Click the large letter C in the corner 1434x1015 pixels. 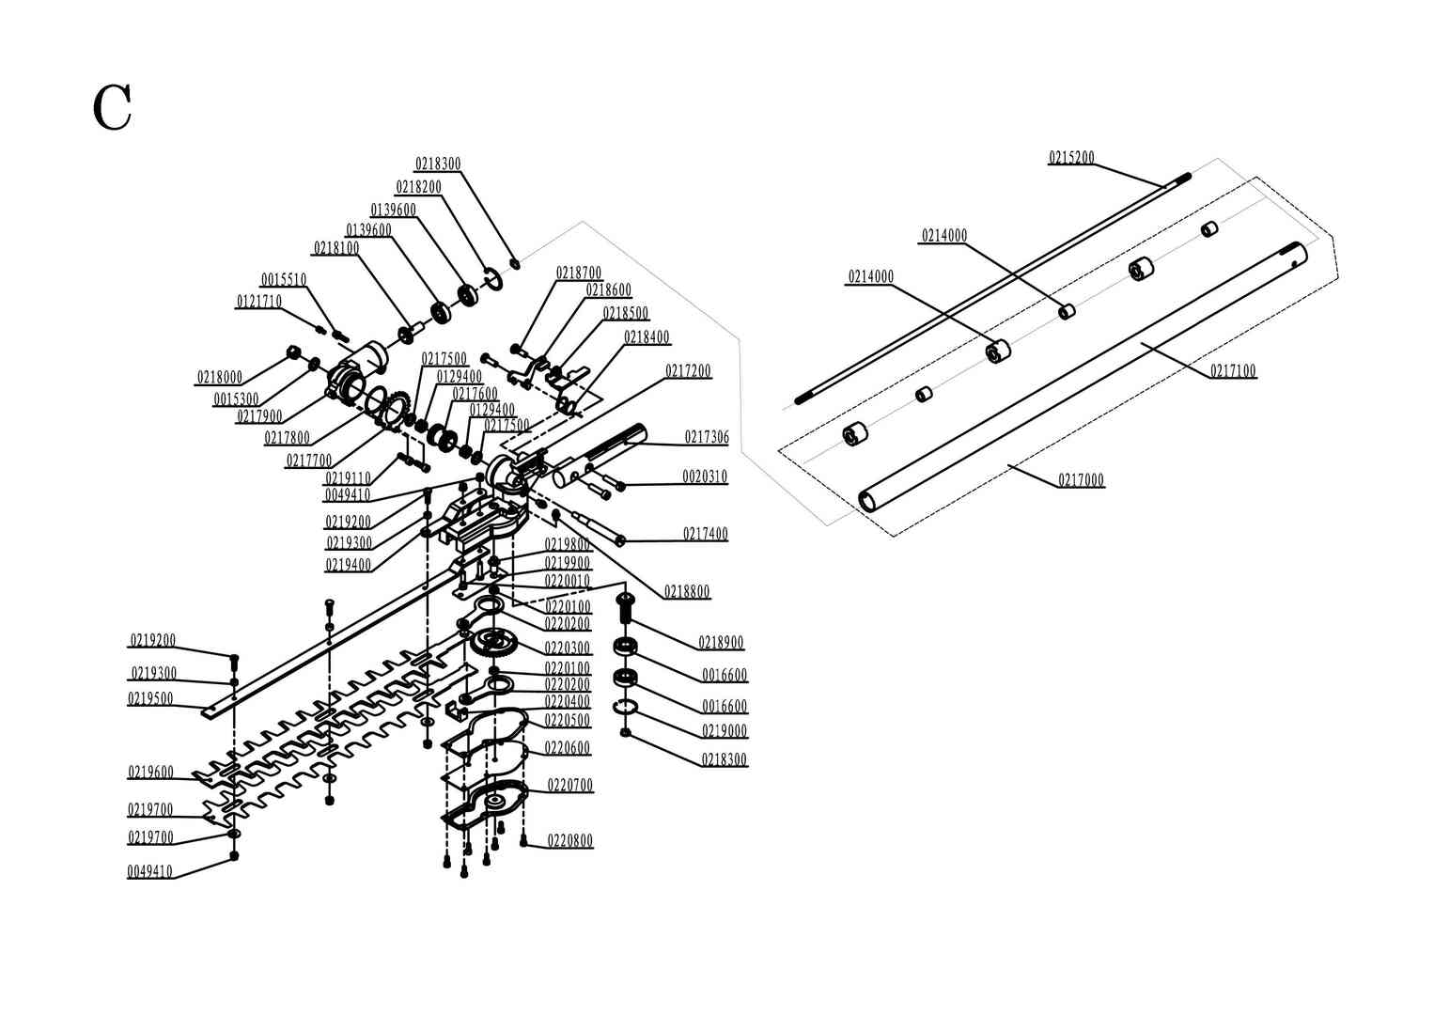pyautogui.click(x=112, y=108)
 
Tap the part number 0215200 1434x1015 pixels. pyautogui.click(x=1071, y=158)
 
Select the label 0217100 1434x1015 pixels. pyautogui.click(x=1233, y=371)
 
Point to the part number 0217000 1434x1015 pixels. pyautogui.click(x=1082, y=480)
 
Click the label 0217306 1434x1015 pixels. pyautogui.click(x=707, y=437)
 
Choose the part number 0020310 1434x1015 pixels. pyautogui.click(x=705, y=476)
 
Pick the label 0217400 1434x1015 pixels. pyautogui.click(x=706, y=534)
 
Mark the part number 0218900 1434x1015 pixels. pyautogui.click(x=721, y=643)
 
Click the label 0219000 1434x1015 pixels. pyautogui.click(x=725, y=731)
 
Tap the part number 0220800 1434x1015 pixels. pyautogui.click(x=570, y=841)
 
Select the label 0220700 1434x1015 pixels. pyautogui.click(x=570, y=785)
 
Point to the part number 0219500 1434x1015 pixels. pyautogui.click(x=150, y=698)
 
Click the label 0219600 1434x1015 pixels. pyautogui.click(x=150, y=773)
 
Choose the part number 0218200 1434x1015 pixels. pyautogui.click(x=418, y=187)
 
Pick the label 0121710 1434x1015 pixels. pyautogui.click(x=258, y=302)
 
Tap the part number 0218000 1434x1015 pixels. pyautogui.click(x=220, y=378)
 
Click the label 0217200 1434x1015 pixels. pyautogui.click(x=689, y=371)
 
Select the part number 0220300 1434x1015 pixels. pyautogui.click(x=568, y=648)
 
